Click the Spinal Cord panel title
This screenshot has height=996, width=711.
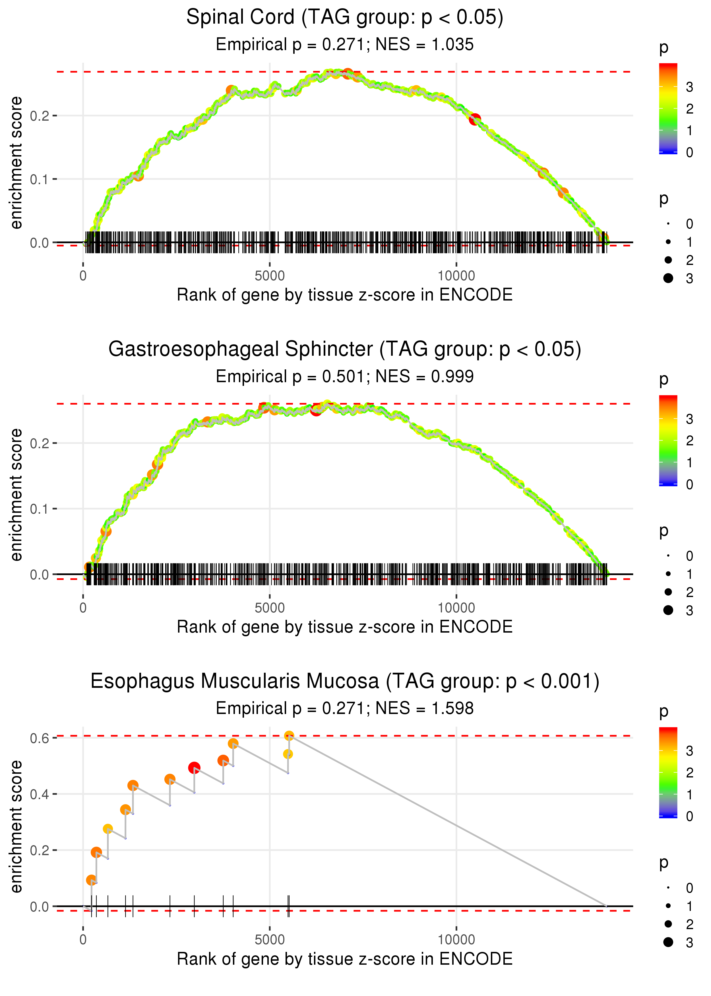[x=345, y=18]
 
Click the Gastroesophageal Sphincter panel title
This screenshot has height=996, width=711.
[x=345, y=349]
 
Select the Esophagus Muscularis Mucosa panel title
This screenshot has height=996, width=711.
[x=345, y=682]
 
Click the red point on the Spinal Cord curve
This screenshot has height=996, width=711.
[x=475, y=119]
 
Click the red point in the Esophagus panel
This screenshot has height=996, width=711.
[x=194, y=767]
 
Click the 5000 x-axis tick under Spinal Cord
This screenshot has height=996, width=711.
[x=270, y=276]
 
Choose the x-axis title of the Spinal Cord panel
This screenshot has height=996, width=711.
[x=345, y=295]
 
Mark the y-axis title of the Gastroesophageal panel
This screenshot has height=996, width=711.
[x=16, y=495]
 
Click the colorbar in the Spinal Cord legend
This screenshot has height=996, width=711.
[x=668, y=109]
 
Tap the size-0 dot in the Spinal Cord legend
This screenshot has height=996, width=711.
[x=668, y=224]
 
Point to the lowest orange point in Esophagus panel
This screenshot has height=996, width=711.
[x=91, y=880]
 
